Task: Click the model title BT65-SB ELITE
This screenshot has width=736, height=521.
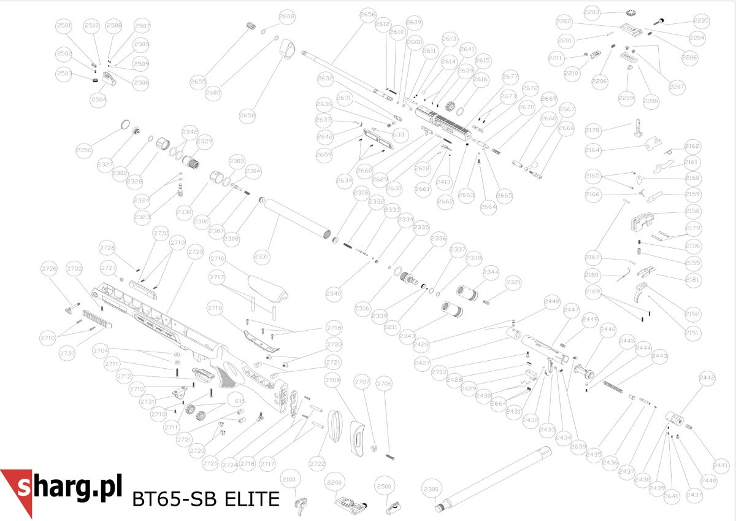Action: click(205, 499)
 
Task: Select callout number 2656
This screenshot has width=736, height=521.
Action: click(368, 14)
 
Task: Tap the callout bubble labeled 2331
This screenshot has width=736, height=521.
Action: click(261, 257)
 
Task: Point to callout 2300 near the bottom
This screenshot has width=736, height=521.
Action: click(432, 490)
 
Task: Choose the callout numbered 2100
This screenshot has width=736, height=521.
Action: click(289, 479)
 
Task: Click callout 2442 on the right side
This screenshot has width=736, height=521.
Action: click(707, 379)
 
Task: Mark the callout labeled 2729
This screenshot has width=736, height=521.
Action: click(195, 252)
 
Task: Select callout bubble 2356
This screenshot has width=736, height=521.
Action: click(84, 150)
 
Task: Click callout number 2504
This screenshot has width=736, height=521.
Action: click(98, 99)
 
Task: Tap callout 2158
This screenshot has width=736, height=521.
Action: click(692, 211)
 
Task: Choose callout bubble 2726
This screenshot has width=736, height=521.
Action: click(49, 268)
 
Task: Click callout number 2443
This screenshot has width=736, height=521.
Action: click(659, 356)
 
